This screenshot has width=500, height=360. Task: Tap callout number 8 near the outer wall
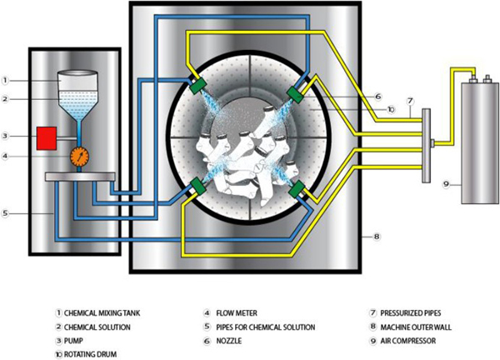click(377, 237)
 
